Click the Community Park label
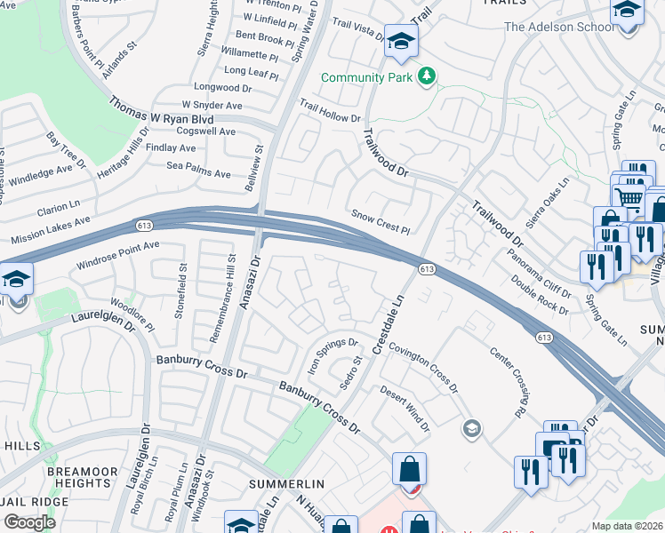(x=366, y=78)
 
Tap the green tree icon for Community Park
(x=428, y=77)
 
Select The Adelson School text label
(x=559, y=27)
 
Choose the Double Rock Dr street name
(x=540, y=294)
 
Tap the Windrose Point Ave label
(x=118, y=255)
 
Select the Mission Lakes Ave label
(x=51, y=231)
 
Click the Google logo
(x=28, y=522)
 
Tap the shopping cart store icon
(x=629, y=198)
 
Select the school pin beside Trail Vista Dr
(x=401, y=41)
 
